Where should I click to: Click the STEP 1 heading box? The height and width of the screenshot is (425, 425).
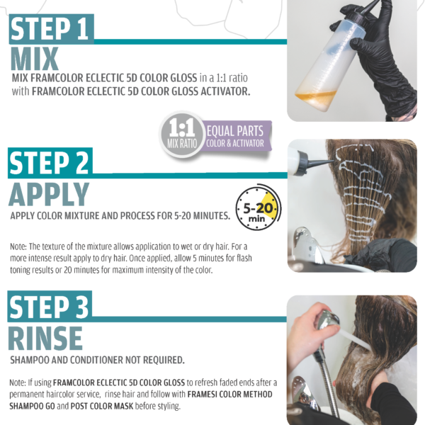(52, 29)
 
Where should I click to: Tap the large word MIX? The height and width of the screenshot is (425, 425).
(35, 59)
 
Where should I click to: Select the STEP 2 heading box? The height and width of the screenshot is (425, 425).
(50, 163)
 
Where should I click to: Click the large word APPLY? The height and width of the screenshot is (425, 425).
(49, 194)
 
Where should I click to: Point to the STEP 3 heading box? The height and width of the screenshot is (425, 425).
(50, 306)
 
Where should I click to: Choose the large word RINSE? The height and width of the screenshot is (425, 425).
(45, 339)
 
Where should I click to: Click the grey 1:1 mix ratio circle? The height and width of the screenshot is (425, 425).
(181, 134)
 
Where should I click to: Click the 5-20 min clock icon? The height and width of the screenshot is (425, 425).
(258, 208)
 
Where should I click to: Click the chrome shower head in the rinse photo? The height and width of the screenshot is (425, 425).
(328, 321)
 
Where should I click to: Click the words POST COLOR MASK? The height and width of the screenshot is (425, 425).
(102, 406)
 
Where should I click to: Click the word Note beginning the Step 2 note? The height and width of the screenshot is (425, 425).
(18, 246)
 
